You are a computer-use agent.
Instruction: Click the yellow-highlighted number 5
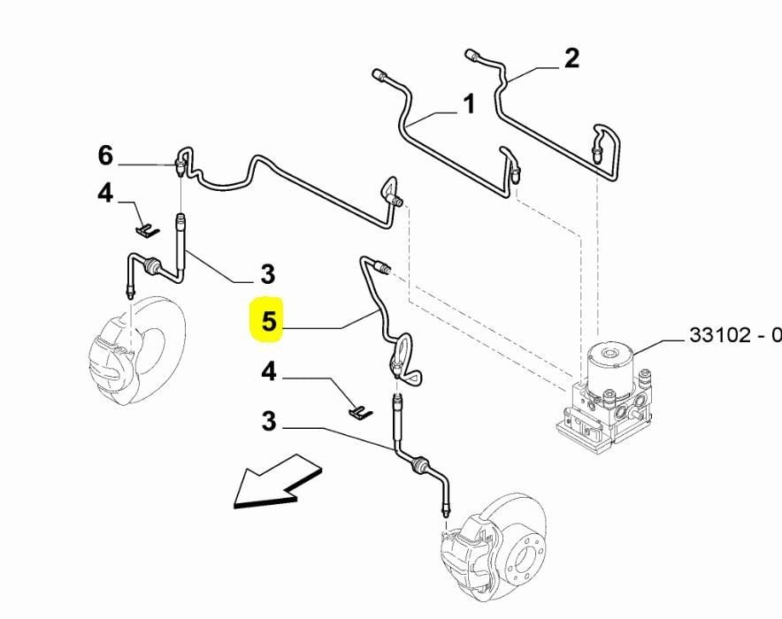[268, 324]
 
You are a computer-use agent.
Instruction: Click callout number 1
[469, 105]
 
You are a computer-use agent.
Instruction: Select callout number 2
[571, 58]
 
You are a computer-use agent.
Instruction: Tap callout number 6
[106, 157]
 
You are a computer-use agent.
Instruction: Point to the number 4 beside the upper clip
[106, 194]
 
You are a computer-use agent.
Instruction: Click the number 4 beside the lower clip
[268, 372]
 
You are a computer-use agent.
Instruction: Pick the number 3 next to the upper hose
[267, 273]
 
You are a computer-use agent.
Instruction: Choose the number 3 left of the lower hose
[268, 422]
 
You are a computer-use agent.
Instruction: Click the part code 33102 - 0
[734, 336]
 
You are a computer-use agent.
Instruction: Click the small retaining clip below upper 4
[147, 230]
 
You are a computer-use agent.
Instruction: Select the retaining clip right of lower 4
[360, 411]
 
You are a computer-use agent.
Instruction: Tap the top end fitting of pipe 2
[472, 56]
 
